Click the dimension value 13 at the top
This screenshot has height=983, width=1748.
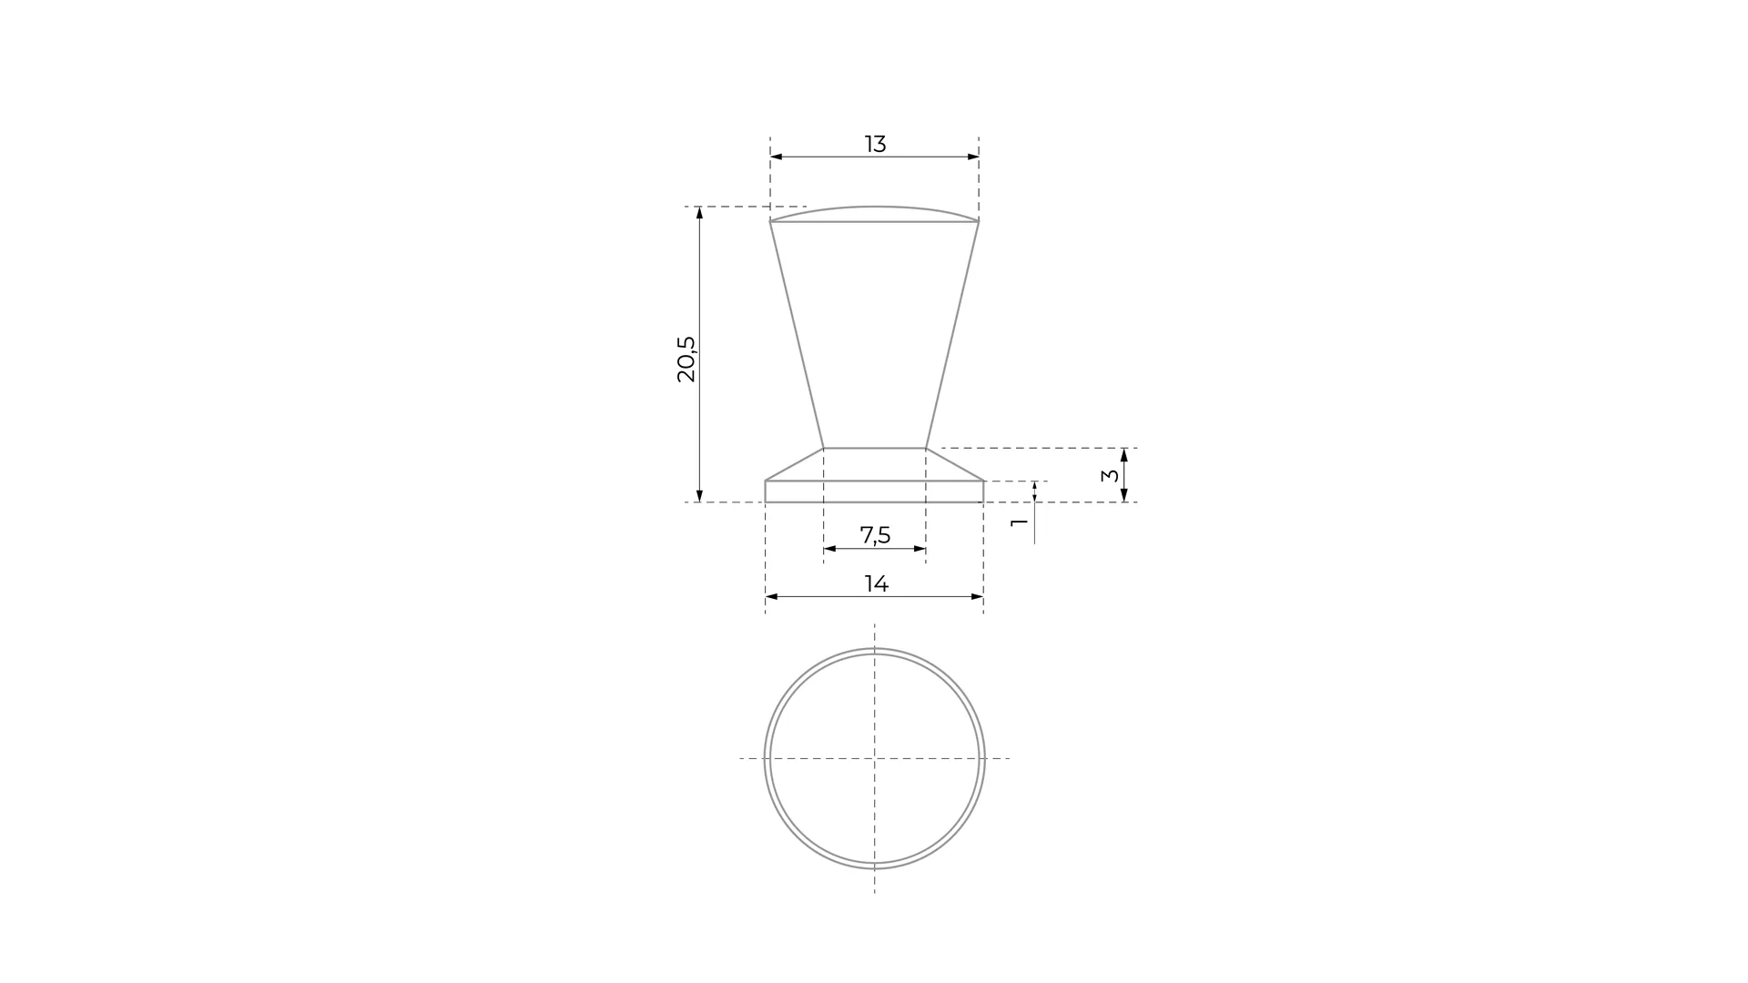875,144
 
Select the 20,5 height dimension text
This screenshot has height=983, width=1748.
686,359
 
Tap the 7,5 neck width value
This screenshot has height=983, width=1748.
875,535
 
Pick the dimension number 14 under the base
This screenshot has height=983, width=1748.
876,583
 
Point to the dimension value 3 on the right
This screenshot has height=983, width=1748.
1110,475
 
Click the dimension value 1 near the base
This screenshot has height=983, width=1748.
1020,522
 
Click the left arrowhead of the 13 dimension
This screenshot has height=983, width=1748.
775,157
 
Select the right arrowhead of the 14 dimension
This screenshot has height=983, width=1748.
979,597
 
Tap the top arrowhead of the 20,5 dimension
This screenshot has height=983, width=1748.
699,212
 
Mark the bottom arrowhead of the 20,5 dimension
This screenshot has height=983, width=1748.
699,496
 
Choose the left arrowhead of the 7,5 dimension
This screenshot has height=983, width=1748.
828,549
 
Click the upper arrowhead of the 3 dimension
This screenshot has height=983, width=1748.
1124,454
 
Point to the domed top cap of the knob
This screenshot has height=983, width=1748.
874,214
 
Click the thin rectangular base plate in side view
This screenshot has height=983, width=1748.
874,491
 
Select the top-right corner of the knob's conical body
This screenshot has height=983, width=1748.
979,221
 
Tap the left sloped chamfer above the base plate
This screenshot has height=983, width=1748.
794,464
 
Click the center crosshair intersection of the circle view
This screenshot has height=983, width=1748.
875,758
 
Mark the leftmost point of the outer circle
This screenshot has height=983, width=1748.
765,758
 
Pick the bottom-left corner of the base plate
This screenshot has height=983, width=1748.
766,502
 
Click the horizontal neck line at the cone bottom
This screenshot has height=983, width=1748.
874,448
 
